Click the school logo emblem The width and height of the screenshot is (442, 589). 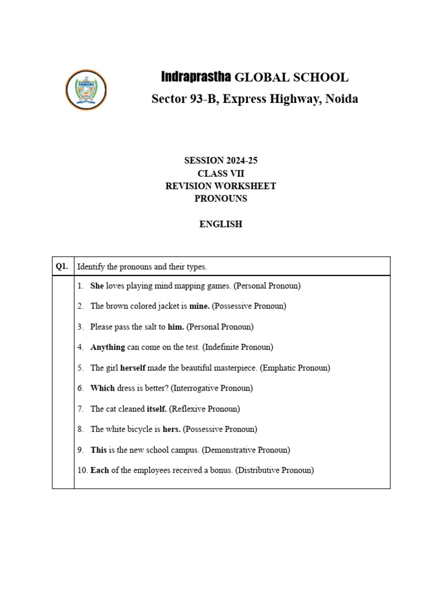pyautogui.click(x=86, y=89)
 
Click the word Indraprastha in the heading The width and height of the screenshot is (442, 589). pyautogui.click(x=196, y=77)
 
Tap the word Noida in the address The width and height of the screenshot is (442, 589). pyautogui.click(x=342, y=99)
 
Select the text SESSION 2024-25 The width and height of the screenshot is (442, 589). pyautogui.click(x=220, y=161)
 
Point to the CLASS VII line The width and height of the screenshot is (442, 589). pyautogui.click(x=220, y=174)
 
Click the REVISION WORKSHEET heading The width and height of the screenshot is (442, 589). pyautogui.click(x=220, y=186)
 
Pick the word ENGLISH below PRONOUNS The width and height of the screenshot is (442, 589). pyautogui.click(x=220, y=224)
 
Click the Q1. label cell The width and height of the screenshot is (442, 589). pyautogui.click(x=62, y=266)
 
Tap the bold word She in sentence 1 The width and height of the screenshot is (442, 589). pyautogui.click(x=97, y=285)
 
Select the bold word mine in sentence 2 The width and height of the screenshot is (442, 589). pyautogui.click(x=199, y=306)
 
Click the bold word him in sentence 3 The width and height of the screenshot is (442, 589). pyautogui.click(x=176, y=327)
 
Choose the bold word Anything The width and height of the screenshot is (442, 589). pyautogui.click(x=108, y=347)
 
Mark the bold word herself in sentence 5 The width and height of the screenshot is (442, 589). pyautogui.click(x=132, y=368)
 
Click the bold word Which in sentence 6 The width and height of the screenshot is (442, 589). pyautogui.click(x=102, y=388)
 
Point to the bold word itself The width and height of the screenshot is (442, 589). pyautogui.click(x=157, y=409)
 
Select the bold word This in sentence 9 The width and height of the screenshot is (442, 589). pyautogui.click(x=98, y=450)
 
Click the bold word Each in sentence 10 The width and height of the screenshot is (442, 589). pyautogui.click(x=100, y=471)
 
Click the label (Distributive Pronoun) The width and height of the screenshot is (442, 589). pyautogui.click(x=275, y=471)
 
